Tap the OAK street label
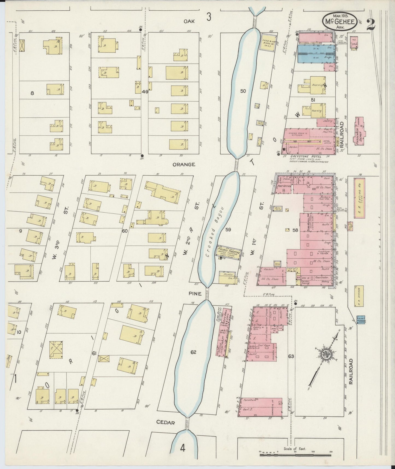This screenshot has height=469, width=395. pos(189,21)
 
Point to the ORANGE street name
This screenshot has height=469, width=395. pos(184,164)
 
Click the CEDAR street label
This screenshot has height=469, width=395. pos(165,430)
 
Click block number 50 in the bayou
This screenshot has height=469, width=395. pos(243,91)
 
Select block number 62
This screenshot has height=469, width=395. pos(193,352)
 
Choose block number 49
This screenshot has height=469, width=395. pos(145,92)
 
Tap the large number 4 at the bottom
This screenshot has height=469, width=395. pos(183,448)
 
